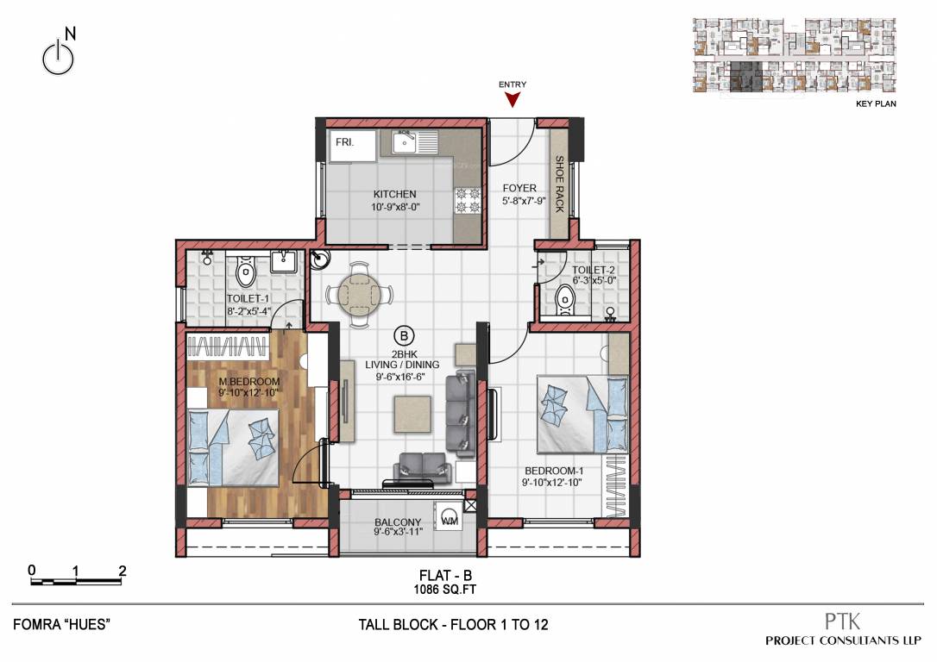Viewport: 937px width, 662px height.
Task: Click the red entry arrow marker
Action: [x=513, y=100]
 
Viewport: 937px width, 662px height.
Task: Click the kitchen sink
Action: [x=406, y=142]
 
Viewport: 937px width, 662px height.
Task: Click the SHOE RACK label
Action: [x=559, y=184]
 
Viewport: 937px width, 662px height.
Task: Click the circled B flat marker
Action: [x=402, y=334]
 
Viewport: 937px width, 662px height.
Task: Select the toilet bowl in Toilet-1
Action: [x=246, y=275]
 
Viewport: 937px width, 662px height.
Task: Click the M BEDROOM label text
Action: [x=249, y=382]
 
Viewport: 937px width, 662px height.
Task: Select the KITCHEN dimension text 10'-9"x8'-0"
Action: [x=395, y=208]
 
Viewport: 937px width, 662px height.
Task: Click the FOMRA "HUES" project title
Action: [x=63, y=624]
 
